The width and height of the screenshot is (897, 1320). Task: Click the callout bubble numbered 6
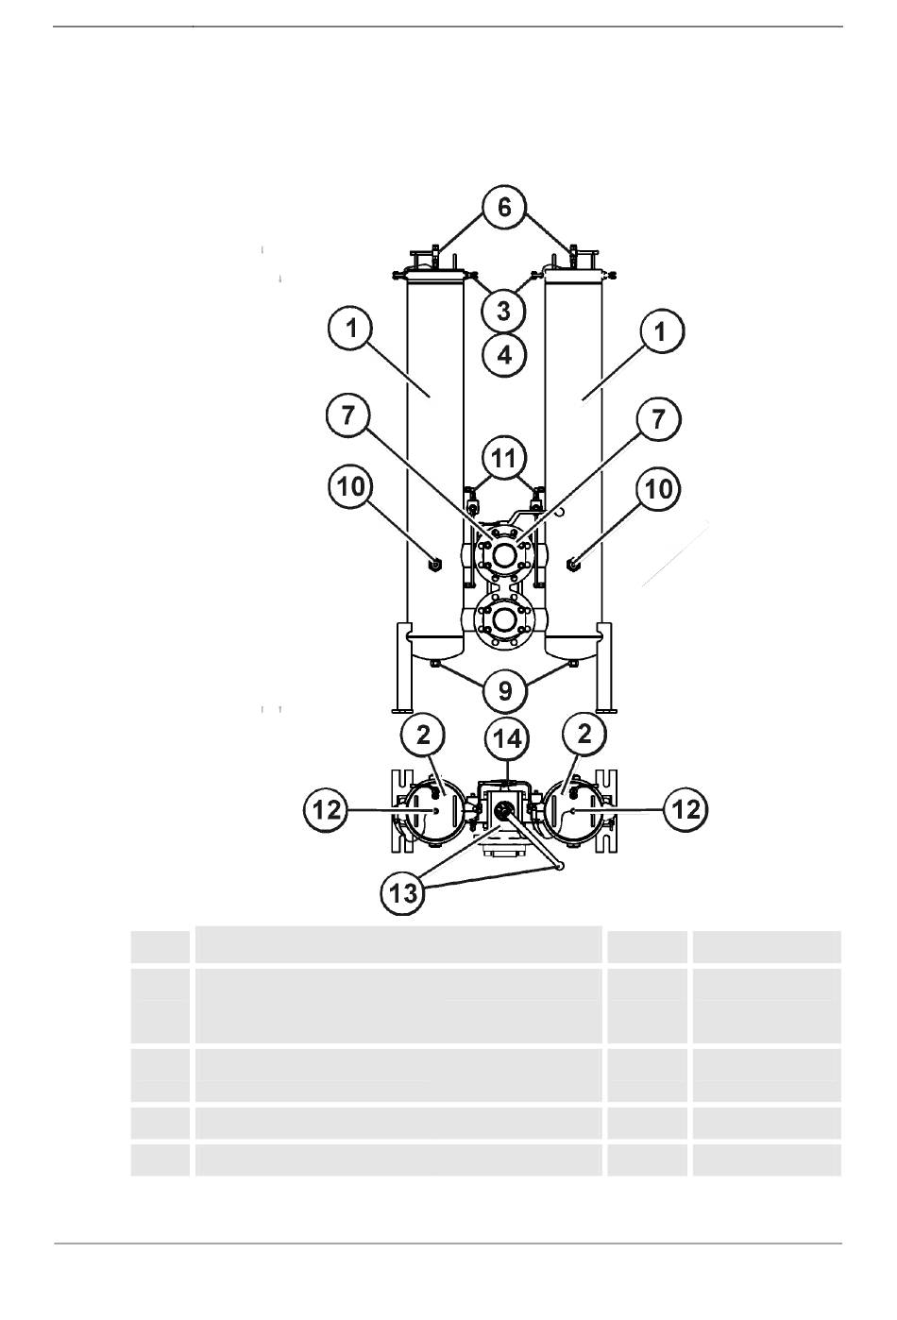coord(504,208)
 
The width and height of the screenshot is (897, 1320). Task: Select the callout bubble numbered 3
coord(504,311)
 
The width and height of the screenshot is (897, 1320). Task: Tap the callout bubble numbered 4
coord(504,355)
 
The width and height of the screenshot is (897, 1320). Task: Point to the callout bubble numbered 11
coord(504,459)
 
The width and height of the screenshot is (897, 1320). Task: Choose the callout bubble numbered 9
coord(505,690)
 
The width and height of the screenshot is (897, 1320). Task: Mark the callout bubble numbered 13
coord(404,893)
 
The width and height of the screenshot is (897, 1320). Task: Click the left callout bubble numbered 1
coord(351,330)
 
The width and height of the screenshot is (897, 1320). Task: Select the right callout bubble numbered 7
coord(658,419)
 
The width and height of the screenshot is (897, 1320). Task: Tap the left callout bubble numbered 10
coord(351,488)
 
